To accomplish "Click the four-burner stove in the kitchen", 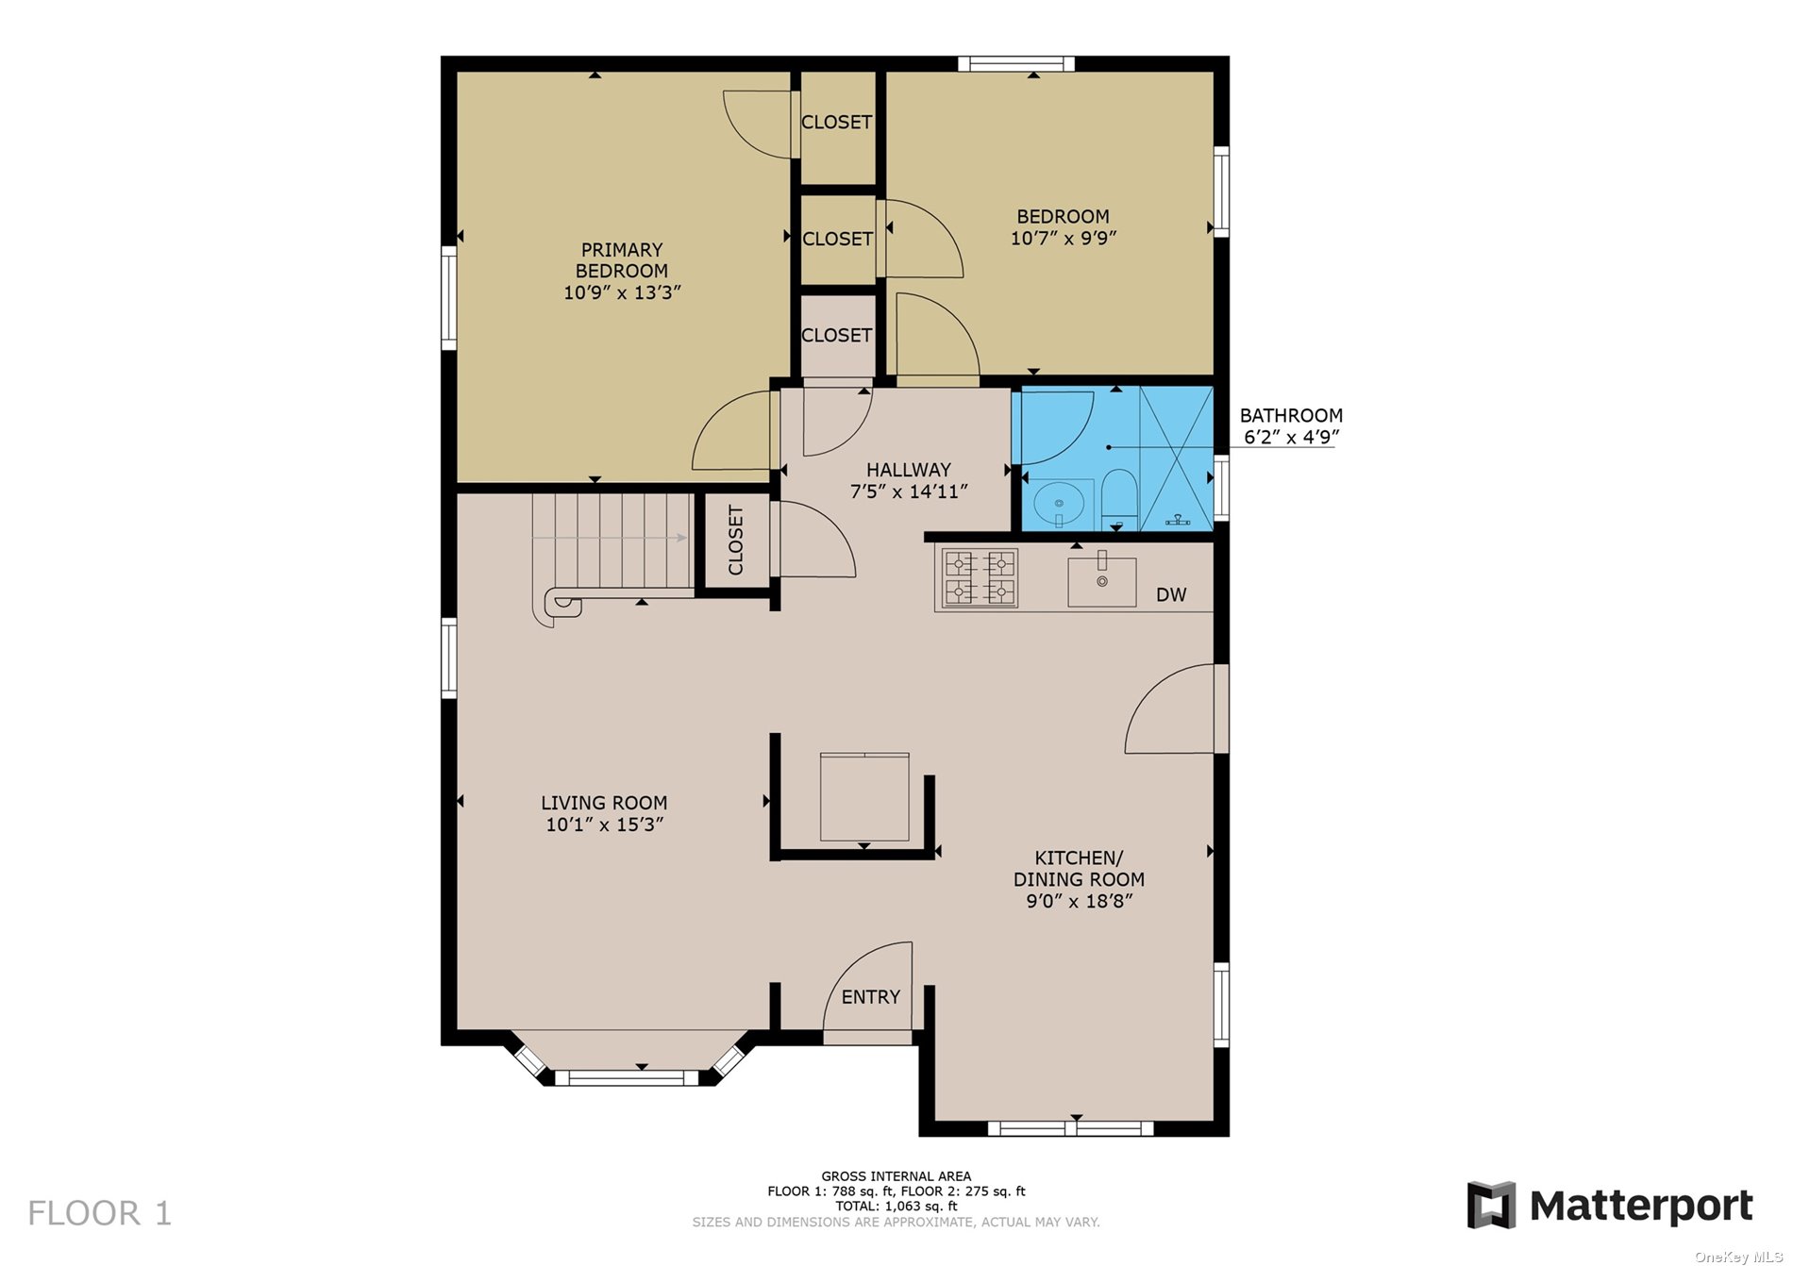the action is [980, 577].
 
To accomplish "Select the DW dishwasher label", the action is [1171, 594].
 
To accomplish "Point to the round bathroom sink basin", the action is [1059, 504].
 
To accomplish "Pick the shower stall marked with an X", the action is [1176, 458].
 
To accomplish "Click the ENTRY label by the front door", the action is [870, 997].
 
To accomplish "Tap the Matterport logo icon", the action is [1491, 1205].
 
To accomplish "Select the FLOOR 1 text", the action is [100, 1213].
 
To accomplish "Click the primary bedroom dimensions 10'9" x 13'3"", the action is [622, 292].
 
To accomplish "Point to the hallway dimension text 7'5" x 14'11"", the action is [909, 491].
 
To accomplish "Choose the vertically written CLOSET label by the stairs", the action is [736, 540].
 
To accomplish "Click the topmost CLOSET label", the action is [836, 123].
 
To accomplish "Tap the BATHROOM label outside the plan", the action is [1291, 415].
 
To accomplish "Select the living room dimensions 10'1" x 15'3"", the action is [605, 825].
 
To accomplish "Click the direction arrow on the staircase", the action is [610, 538].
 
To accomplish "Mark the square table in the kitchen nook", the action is [864, 796].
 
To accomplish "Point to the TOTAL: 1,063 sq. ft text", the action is [896, 1206].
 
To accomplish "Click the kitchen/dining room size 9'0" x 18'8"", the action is [1080, 901].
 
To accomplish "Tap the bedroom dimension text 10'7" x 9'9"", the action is [1064, 239].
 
